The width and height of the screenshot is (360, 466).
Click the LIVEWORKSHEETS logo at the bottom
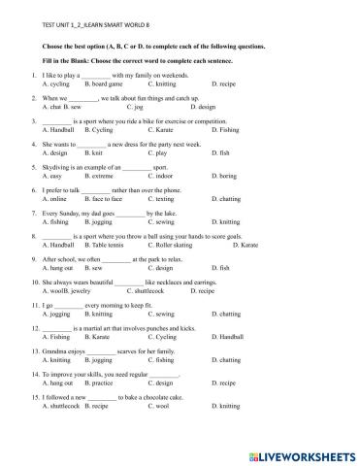click(x=300, y=452)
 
